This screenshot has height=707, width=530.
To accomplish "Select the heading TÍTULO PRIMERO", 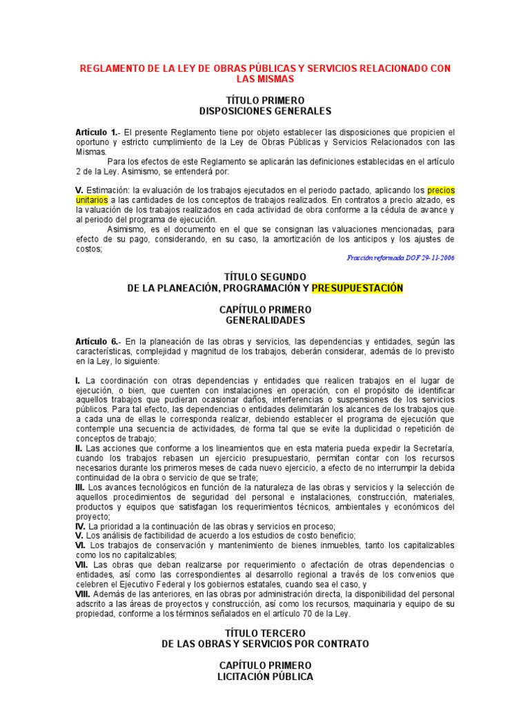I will coord(265,101).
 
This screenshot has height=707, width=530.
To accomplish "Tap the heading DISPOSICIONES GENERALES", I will coord(265,111).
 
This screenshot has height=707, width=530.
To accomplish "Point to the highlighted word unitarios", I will coord(92,200).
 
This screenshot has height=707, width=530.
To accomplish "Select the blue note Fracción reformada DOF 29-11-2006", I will coord(400,258).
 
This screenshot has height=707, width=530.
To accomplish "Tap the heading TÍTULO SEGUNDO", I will coord(265,277).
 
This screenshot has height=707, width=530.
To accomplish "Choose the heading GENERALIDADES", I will coord(265,320).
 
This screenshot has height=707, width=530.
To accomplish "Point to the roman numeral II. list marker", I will coord(79,448).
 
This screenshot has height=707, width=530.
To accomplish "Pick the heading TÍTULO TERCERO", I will coord(265,633).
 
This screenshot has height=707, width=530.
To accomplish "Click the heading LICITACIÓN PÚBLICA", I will coord(265,677).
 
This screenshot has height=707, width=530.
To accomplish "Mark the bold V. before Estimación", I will coord(79,190).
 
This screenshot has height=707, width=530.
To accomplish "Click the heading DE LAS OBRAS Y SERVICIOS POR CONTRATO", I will coord(265,643).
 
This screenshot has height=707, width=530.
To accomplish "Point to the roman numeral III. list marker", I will coord(80,487).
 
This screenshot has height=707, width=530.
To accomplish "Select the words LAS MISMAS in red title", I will coord(265,79).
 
